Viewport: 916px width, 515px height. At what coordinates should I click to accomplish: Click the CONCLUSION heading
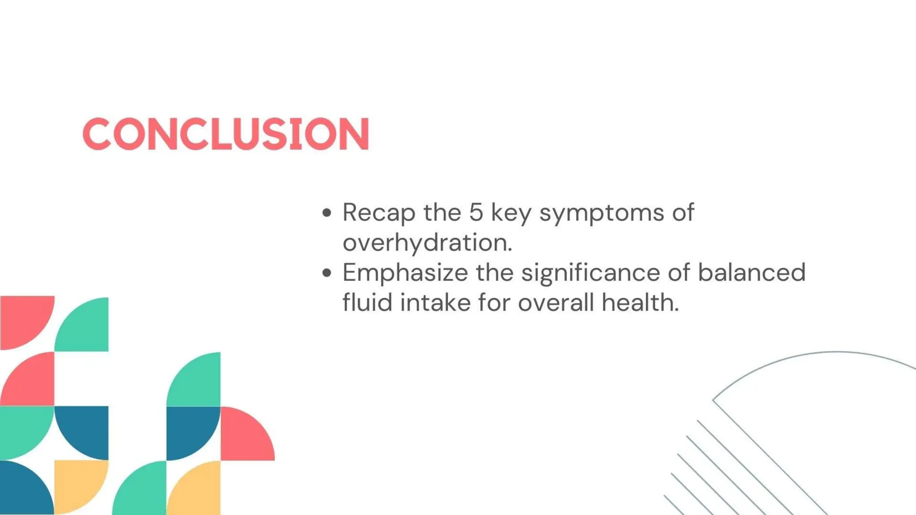226,134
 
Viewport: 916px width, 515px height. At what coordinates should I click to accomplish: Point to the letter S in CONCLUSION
274,134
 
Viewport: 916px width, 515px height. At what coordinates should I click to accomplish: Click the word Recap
379,213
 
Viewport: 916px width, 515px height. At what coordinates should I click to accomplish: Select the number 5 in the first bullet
476,212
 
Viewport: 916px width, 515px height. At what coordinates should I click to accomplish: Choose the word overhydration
427,243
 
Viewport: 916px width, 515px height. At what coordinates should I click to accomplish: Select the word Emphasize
405,273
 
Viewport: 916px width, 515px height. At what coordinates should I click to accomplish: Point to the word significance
590,273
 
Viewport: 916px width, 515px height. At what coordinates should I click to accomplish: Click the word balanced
751,272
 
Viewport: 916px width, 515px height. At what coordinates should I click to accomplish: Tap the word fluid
367,302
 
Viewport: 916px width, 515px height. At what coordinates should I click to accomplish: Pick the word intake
435,303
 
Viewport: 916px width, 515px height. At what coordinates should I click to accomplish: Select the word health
640,303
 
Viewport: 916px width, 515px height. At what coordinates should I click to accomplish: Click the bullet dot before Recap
327,213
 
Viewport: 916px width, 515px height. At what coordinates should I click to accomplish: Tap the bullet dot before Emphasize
327,273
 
